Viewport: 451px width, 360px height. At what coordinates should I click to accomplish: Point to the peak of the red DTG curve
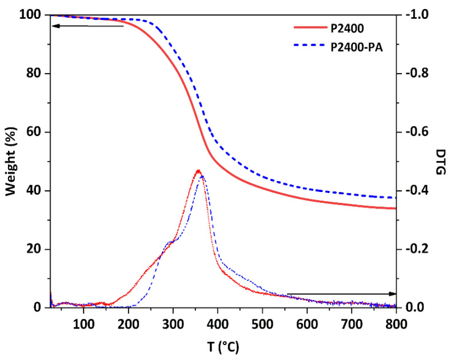pos(198,170)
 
